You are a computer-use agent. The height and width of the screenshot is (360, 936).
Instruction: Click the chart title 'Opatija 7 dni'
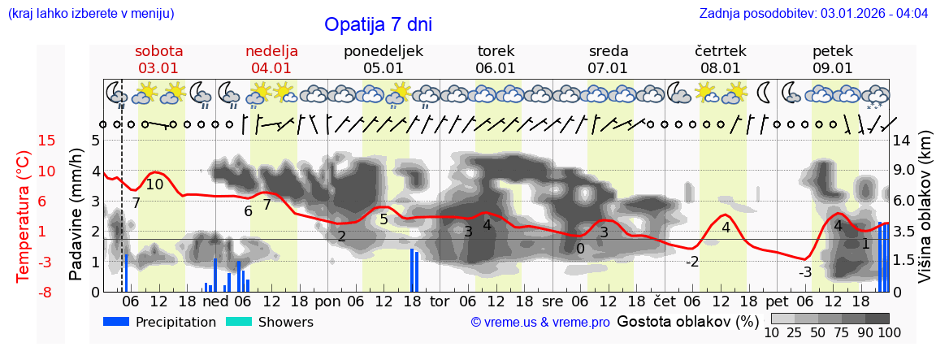tap(378, 24)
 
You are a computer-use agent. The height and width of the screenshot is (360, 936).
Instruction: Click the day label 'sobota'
tap(158, 51)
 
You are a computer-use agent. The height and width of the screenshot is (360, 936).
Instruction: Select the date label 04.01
tap(271, 68)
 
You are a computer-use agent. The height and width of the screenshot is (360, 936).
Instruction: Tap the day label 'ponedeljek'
tap(383, 51)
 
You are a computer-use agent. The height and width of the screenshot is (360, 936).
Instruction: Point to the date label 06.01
tap(496, 68)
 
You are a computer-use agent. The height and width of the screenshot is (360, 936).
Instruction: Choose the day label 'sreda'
tap(609, 51)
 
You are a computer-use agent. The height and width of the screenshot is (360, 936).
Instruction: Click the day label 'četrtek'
tap(721, 51)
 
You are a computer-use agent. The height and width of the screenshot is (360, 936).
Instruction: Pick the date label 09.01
tap(833, 68)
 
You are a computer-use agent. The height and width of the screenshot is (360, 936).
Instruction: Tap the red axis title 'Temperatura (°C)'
tap(24, 215)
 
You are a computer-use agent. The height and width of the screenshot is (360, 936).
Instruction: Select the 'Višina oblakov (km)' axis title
tap(925, 215)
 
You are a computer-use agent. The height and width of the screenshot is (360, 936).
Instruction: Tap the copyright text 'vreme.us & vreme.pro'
tap(540, 323)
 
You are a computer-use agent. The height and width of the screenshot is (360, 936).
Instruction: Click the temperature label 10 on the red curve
tap(154, 184)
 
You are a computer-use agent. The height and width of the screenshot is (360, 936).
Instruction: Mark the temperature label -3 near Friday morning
tap(804, 272)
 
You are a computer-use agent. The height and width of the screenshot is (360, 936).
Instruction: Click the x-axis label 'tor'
tap(440, 301)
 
